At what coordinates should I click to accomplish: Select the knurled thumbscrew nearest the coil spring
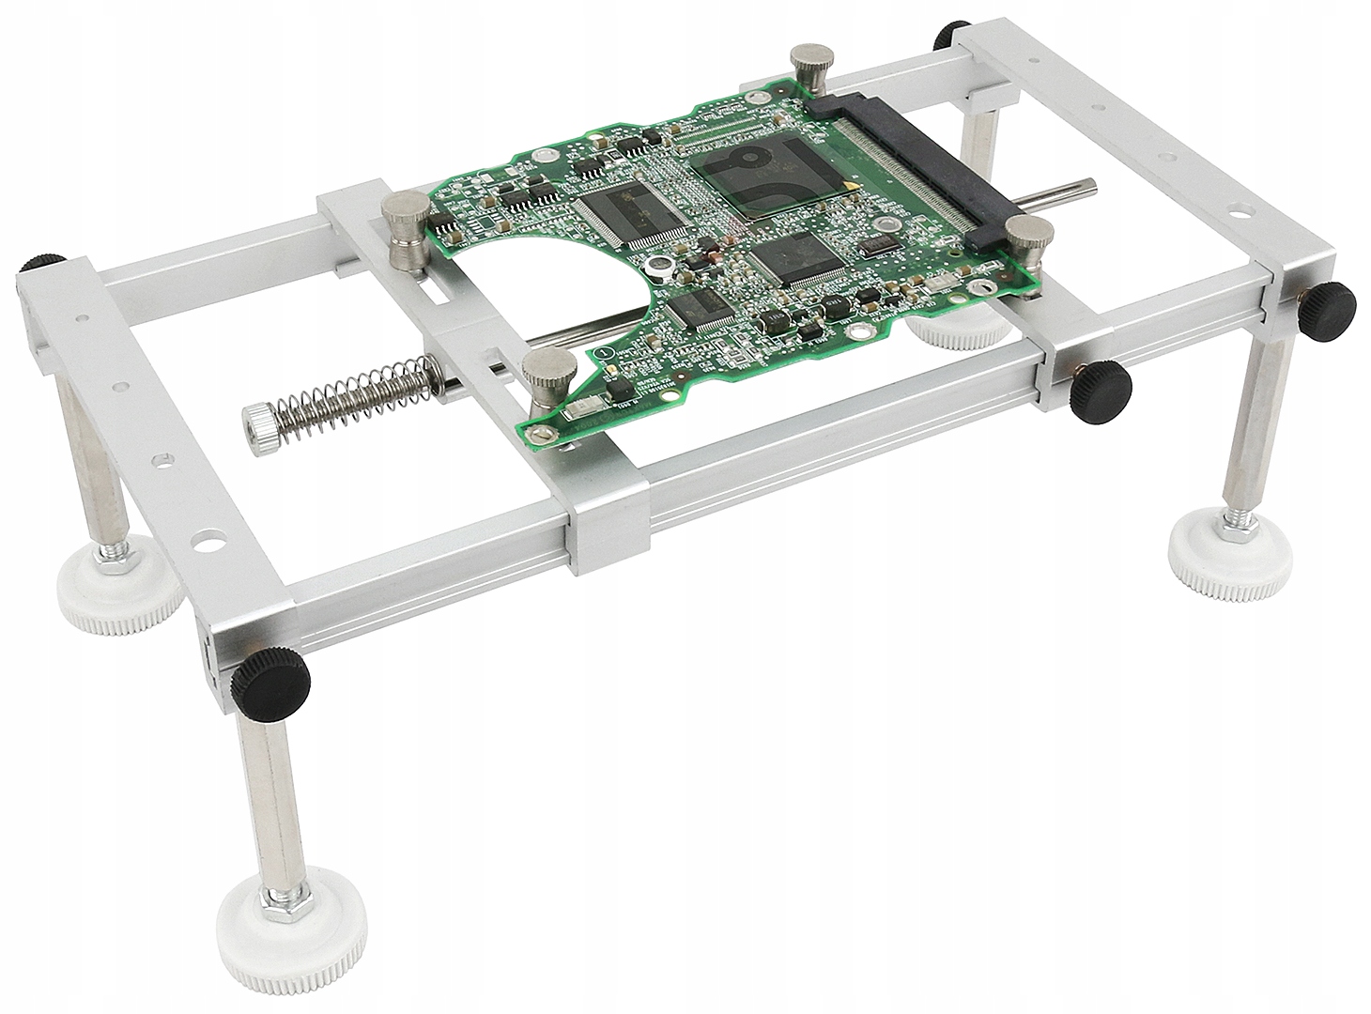(x=544, y=379)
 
